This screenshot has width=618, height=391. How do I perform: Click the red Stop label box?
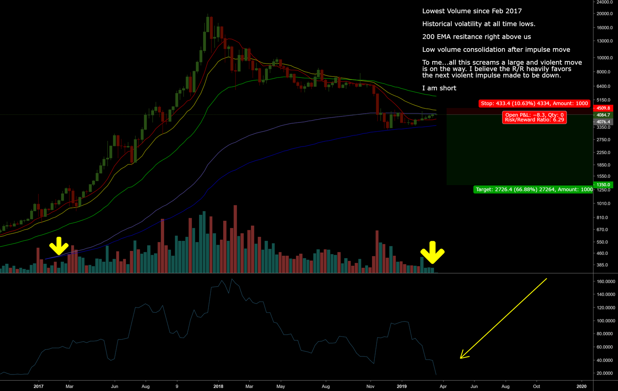pyautogui.click(x=534, y=103)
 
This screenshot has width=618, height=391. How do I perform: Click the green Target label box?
pyautogui.click(x=534, y=189)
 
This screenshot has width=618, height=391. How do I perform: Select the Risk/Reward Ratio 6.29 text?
pyautogui.click(x=534, y=120)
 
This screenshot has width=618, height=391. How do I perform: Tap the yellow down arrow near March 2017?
pyautogui.click(x=59, y=246)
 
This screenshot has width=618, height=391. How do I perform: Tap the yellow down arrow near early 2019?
pyautogui.click(x=432, y=253)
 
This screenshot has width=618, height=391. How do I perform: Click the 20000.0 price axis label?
pyautogui.click(x=605, y=14)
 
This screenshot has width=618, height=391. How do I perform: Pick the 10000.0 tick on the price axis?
pyautogui.click(x=605, y=58)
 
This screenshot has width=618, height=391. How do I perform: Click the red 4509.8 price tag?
pyautogui.click(x=603, y=108)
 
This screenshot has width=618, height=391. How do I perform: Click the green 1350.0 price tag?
pyautogui.click(x=603, y=185)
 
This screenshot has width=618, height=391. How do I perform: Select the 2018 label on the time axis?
pyautogui.click(x=218, y=387)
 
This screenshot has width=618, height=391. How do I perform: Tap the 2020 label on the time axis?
pyautogui.click(x=581, y=387)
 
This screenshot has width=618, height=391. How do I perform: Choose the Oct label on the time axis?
pyautogui.click(x=536, y=387)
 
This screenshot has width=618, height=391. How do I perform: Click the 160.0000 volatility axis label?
pyautogui.click(x=606, y=281)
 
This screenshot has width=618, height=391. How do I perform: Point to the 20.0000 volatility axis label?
pyautogui.click(x=606, y=373)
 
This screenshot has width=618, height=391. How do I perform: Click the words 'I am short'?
pyautogui.click(x=439, y=88)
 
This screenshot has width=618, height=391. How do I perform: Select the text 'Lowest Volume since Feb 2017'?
pyautogui.click(x=472, y=11)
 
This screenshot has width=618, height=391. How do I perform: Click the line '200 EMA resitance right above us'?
pyautogui.click(x=476, y=37)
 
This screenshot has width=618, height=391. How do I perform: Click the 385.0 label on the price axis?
pyautogui.click(x=602, y=265)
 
